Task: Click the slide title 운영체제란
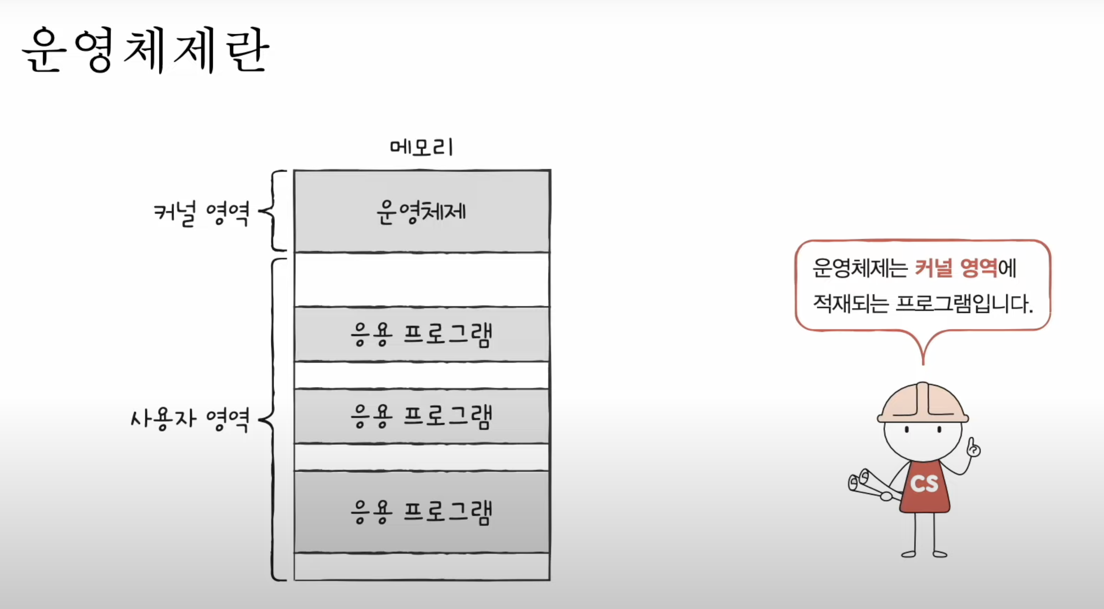(x=145, y=50)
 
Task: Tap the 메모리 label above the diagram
(x=421, y=147)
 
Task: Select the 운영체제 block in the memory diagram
(x=421, y=212)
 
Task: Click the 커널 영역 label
(x=201, y=214)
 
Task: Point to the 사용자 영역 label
(x=190, y=419)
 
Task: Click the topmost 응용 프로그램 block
(x=421, y=334)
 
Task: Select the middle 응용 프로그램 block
(x=421, y=416)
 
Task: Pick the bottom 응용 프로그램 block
(x=421, y=512)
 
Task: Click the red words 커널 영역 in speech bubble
(x=956, y=268)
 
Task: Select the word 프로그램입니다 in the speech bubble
(x=964, y=304)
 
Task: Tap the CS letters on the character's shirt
(x=925, y=484)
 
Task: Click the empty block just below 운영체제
(x=421, y=280)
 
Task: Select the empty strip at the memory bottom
(x=421, y=566)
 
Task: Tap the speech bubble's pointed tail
(x=923, y=351)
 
